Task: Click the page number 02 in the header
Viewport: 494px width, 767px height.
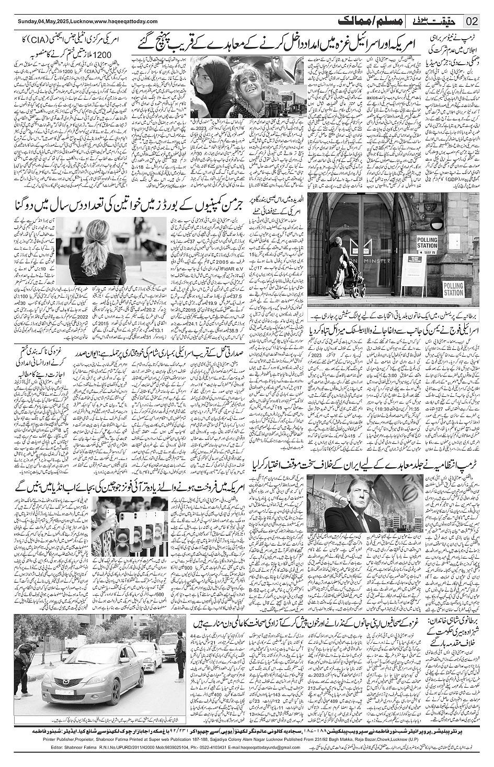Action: (x=472, y=21)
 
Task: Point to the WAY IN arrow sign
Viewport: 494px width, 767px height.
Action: (x=428, y=251)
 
